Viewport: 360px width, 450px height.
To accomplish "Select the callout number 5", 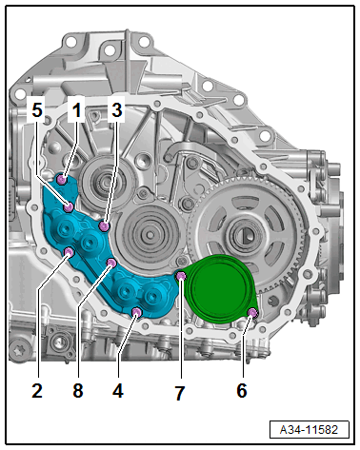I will tap(36, 110).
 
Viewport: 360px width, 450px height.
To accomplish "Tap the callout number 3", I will tap(116, 110).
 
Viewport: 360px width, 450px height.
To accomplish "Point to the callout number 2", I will tap(35, 389).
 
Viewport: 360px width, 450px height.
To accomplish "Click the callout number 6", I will tap(242, 389).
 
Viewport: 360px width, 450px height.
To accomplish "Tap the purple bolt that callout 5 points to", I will tap(70, 205).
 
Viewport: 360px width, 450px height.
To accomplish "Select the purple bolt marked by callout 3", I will tap(104, 227).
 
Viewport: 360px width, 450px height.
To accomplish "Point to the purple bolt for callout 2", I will tap(70, 252).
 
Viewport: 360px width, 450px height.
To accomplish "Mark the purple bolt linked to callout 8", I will tap(111, 262).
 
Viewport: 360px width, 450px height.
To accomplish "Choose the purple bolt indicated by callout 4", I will tap(137, 311).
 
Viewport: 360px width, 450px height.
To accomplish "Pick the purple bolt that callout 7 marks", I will tap(181, 277).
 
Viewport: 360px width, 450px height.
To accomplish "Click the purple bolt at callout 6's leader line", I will tap(252, 313).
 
